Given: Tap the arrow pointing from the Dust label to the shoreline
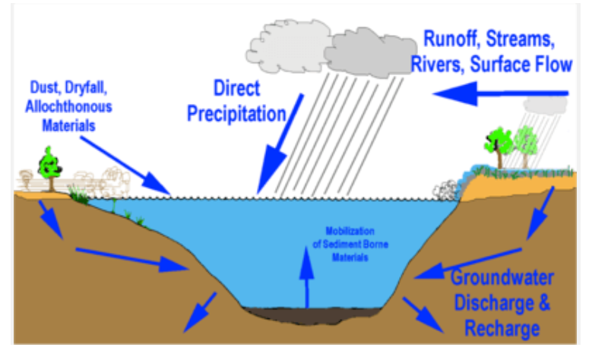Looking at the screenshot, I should [135, 165].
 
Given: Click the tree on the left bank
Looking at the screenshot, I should [49, 164].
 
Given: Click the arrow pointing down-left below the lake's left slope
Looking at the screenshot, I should [200, 311].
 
